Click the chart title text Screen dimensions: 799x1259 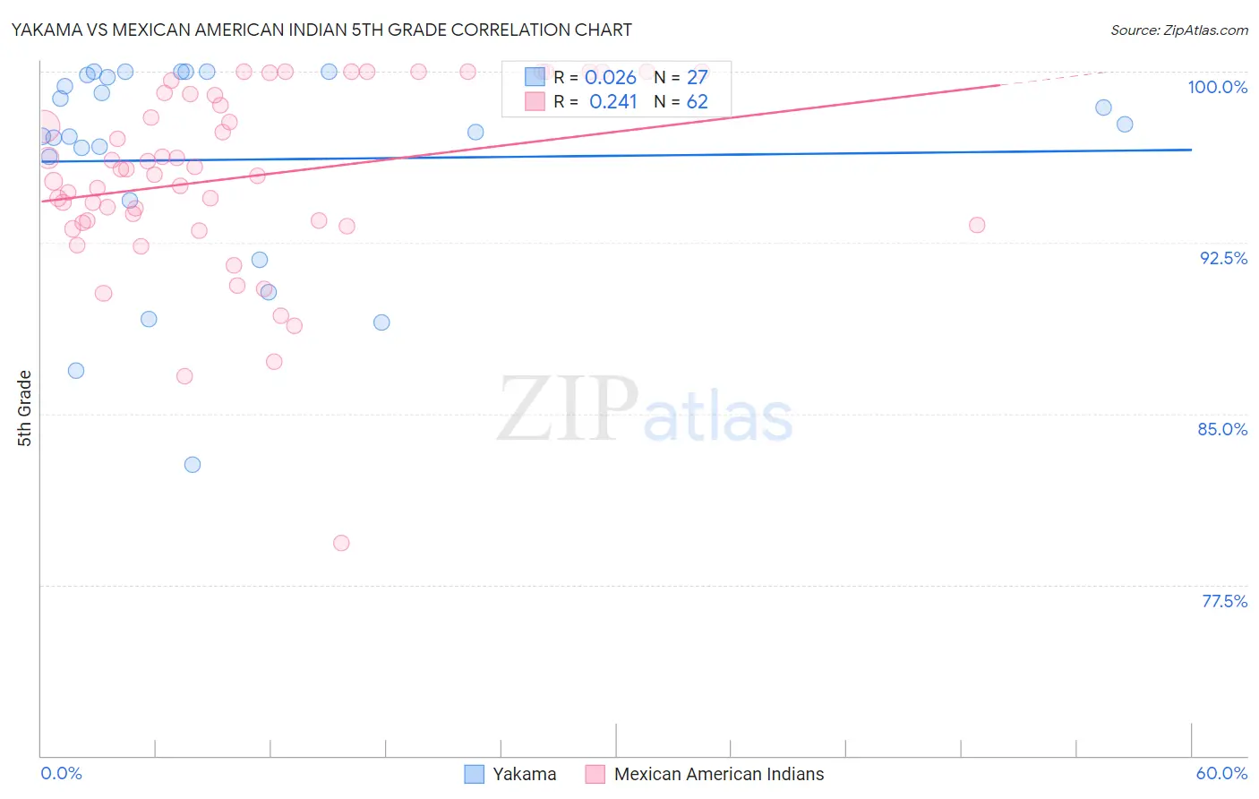click(x=321, y=30)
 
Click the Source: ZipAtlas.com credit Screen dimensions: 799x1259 click(x=1178, y=30)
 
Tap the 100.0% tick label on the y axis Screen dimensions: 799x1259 click(x=1217, y=87)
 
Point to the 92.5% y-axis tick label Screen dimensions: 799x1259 click(x=1223, y=258)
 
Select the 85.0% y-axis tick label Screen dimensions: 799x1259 click(x=1222, y=429)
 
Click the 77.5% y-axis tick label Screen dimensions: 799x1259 click(x=1224, y=601)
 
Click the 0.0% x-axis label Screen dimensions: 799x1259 click(x=61, y=773)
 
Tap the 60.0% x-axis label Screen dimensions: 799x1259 click(x=1221, y=773)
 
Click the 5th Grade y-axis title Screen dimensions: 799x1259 click(x=24, y=408)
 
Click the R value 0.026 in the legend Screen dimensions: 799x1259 click(x=611, y=78)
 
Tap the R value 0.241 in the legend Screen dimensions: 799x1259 click(x=612, y=102)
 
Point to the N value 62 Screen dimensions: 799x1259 click(x=697, y=102)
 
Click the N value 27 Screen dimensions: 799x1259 click(x=697, y=78)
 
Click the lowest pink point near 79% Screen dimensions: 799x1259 click(x=341, y=543)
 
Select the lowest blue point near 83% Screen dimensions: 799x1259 click(x=193, y=465)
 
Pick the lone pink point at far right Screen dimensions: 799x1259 click(x=977, y=225)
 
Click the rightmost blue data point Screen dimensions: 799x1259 click(x=1125, y=125)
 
